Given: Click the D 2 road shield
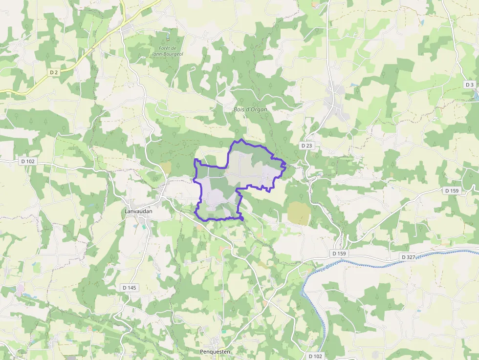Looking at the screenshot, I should pyautogui.click(x=54, y=72).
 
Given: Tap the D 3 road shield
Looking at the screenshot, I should pyautogui.click(x=470, y=85).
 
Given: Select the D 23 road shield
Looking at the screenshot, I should pyautogui.click(x=306, y=146).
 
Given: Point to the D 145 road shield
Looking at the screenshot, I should pyautogui.click(x=129, y=288).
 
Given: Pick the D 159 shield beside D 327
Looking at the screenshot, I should pyautogui.click(x=339, y=254).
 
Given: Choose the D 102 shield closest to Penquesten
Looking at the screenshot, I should pyautogui.click(x=316, y=356).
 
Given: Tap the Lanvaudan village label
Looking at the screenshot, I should pyautogui.click(x=136, y=211).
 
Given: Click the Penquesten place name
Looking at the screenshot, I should pyautogui.click(x=215, y=351).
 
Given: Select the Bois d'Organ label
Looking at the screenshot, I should pyautogui.click(x=250, y=109).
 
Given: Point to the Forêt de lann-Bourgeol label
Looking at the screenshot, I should pyautogui.click(x=167, y=51).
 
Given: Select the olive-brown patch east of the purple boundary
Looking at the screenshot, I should pyautogui.click(x=298, y=212).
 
